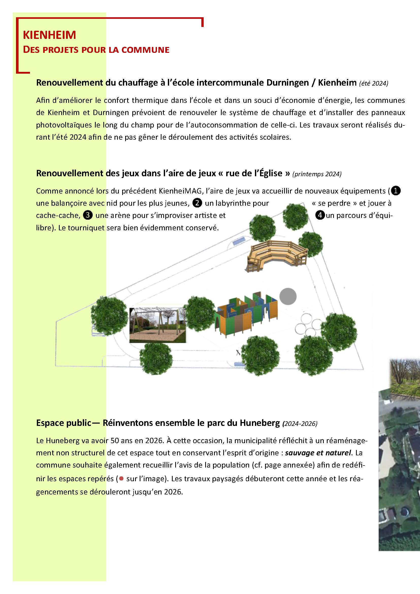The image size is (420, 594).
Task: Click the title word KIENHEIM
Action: click(x=50, y=35)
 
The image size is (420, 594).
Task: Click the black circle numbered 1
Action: click(x=396, y=191)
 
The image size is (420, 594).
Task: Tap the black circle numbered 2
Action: click(x=197, y=203)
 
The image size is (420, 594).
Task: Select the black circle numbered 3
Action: click(x=88, y=215)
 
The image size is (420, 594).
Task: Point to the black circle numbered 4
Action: click(x=320, y=215)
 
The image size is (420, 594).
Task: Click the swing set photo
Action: click(x=158, y=325)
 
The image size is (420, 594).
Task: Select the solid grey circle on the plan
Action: click(x=288, y=296)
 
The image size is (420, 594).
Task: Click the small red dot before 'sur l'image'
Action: click(x=121, y=479)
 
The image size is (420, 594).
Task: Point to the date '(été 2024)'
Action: click(x=374, y=83)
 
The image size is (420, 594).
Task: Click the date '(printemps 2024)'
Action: click(x=317, y=174)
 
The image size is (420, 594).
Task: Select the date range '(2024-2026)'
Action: click(x=300, y=424)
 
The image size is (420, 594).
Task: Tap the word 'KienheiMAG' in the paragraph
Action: click(x=180, y=191)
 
